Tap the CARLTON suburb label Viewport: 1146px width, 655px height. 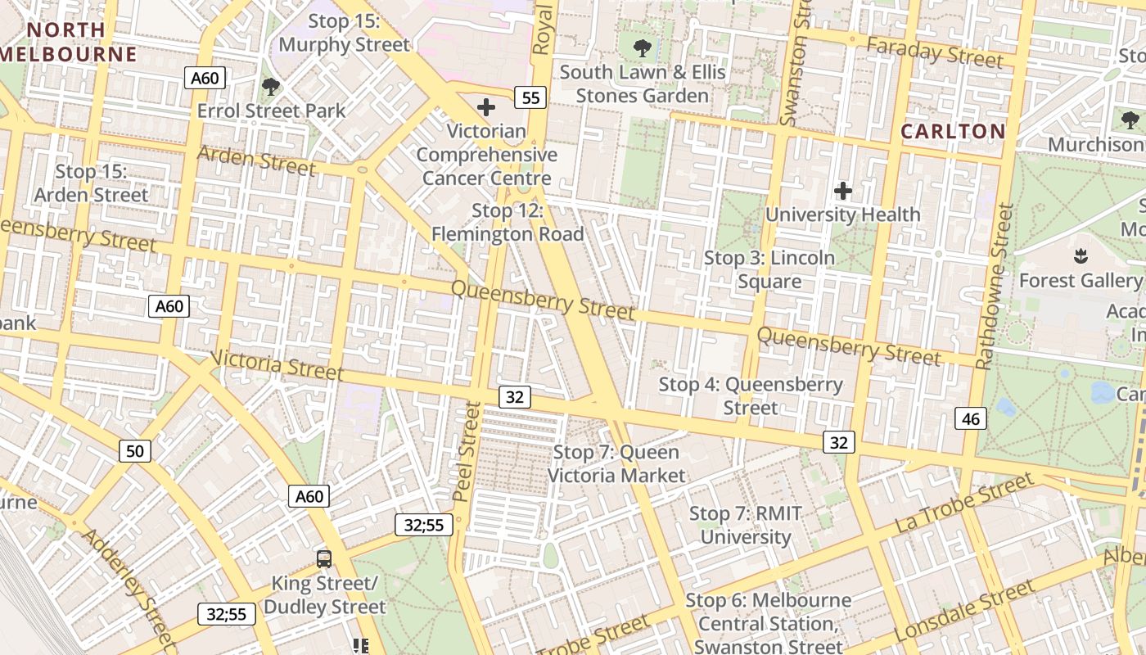tap(953, 131)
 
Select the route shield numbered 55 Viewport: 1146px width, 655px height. tap(530, 98)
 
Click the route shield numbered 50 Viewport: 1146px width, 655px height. tap(135, 450)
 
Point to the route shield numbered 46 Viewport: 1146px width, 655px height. tap(971, 419)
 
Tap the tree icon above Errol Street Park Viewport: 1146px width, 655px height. tap(270, 86)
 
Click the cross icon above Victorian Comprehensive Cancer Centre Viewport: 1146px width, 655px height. tap(486, 106)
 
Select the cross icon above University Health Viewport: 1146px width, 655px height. tap(842, 192)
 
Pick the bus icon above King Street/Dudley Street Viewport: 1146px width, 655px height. tap(324, 559)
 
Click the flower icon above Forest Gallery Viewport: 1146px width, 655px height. tap(1081, 256)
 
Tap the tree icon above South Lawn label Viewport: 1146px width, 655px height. tap(643, 47)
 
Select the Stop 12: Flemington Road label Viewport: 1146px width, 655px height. tap(508, 223)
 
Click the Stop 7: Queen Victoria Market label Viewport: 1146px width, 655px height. tap(616, 463)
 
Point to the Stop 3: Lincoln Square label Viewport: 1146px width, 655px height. tap(769, 269)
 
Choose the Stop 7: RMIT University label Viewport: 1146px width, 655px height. tap(745, 525)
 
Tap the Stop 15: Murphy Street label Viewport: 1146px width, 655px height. tap(344, 33)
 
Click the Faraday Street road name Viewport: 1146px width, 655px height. tap(934, 52)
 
